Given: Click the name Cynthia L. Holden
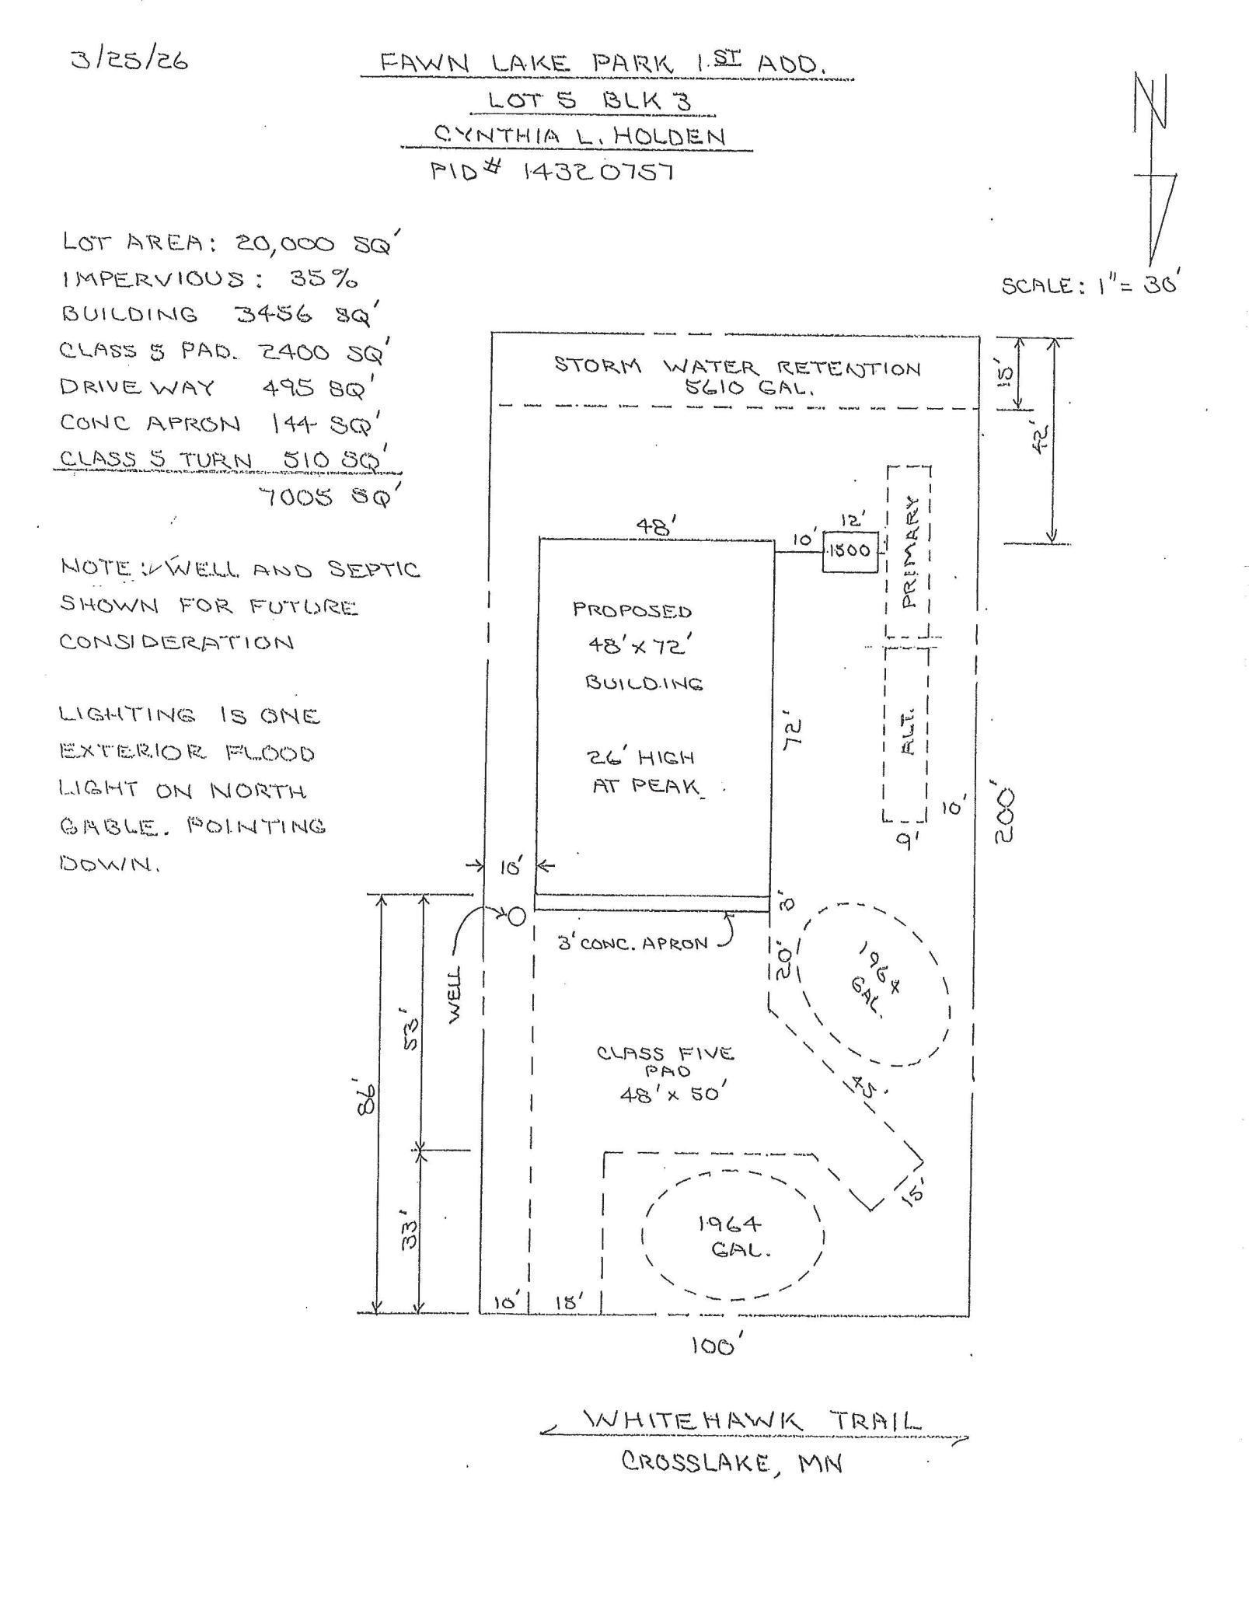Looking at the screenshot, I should [579, 136].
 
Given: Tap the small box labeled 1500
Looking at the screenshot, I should [850, 550].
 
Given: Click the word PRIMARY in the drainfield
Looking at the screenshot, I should [909, 552].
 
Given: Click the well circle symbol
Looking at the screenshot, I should [516, 917].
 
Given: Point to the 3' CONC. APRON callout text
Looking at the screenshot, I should [634, 944].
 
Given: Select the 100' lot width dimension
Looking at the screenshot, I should [712, 1346].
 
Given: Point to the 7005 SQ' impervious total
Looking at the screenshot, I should [328, 497].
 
